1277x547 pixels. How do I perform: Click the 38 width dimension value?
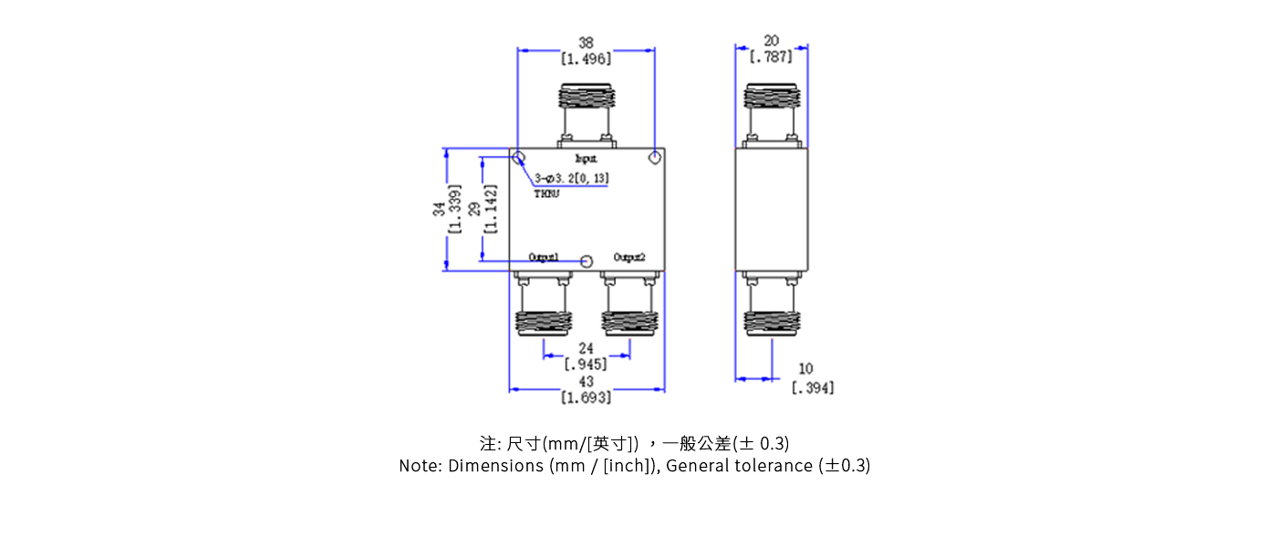pos(586,42)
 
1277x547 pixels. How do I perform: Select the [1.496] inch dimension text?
pos(586,58)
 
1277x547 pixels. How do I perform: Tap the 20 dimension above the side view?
pos(771,42)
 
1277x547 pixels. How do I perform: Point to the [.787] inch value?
pos(771,57)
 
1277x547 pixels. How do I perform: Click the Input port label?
pos(586,159)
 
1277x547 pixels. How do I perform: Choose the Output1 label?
pos(544,257)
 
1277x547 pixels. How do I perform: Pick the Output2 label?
pos(629,257)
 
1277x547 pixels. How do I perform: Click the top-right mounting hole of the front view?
pos(654,159)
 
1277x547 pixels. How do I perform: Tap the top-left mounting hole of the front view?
pos(517,159)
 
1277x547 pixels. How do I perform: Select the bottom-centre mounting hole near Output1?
pos(587,262)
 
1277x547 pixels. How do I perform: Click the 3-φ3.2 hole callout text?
pos(572,178)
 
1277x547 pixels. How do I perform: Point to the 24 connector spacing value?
pos(586,348)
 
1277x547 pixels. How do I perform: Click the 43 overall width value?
pos(586,381)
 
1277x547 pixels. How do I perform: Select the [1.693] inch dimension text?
pos(586,397)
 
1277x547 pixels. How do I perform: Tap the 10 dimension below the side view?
pos(805,369)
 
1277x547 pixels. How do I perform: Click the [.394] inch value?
pos(812,387)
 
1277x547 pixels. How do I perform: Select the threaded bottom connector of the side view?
pos(771,322)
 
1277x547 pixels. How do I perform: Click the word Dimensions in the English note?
pos(496,466)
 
